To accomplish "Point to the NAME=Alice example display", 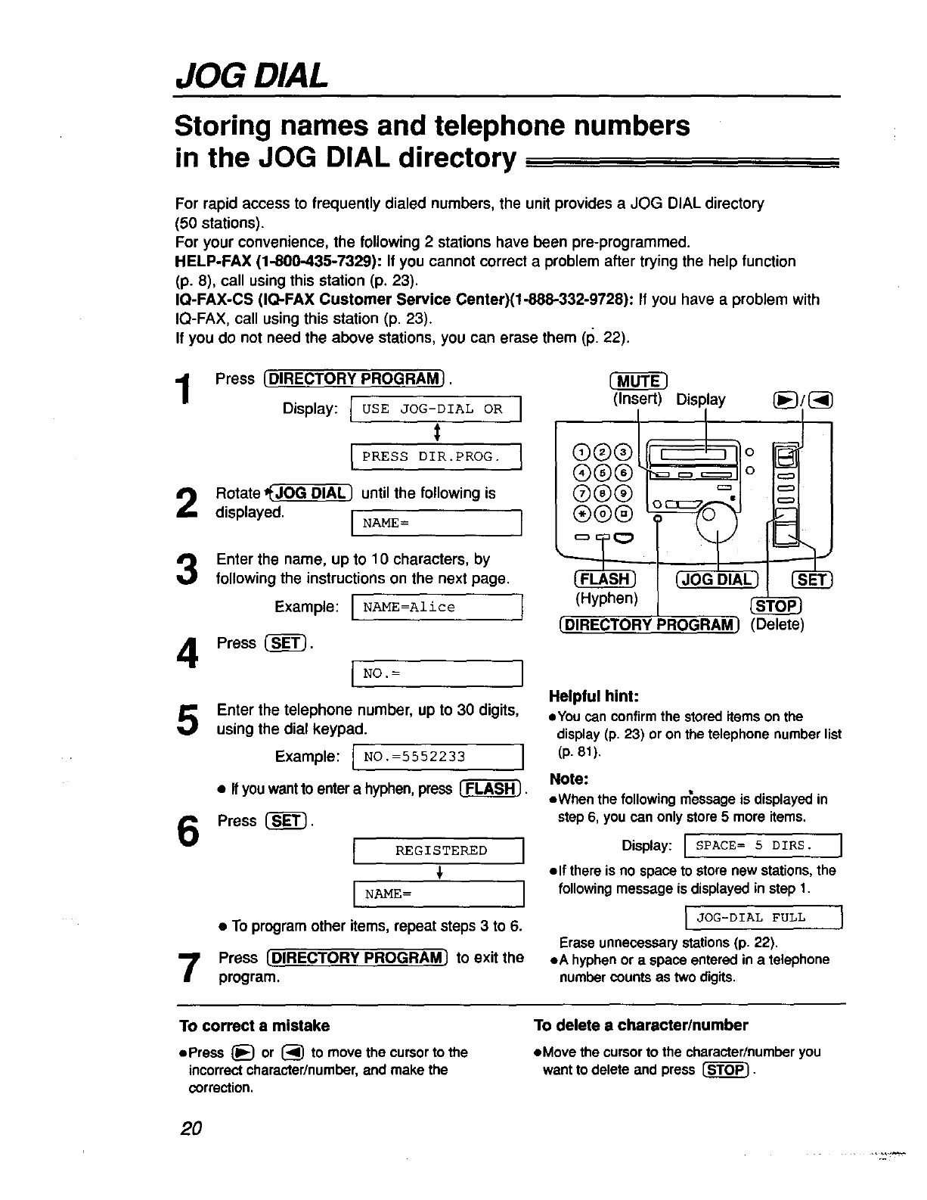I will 438,607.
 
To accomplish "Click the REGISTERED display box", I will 439,850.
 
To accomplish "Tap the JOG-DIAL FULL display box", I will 763,918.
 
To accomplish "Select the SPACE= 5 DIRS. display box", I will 763,845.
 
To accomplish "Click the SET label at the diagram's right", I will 811,580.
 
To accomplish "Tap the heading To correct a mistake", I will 254,1026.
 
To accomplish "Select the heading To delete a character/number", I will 640,1026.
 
